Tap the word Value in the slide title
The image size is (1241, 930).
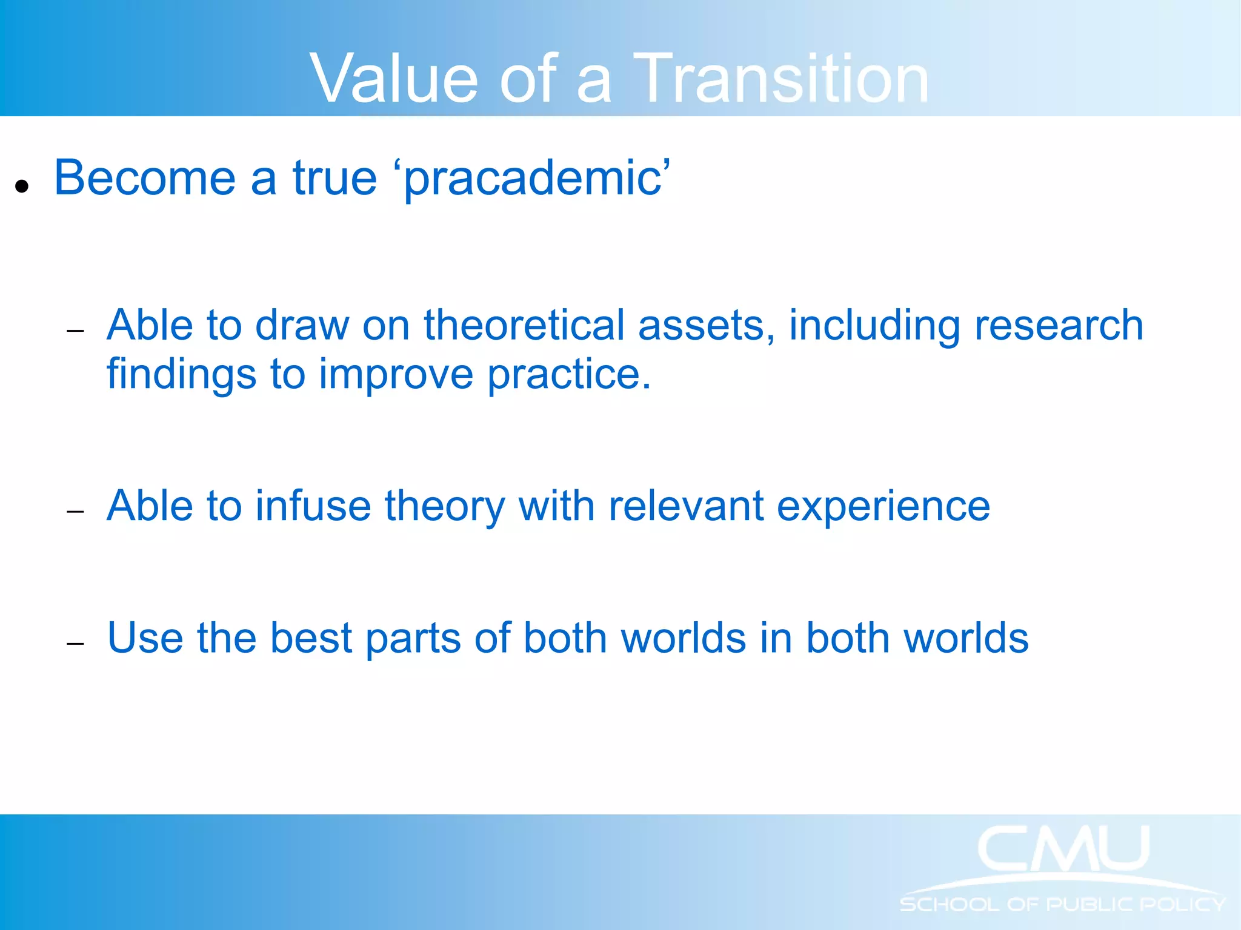tap(394, 79)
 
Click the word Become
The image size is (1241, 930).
tap(144, 178)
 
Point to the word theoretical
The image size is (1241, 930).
tap(524, 325)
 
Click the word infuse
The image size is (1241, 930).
tap(313, 506)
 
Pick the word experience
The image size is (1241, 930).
tap(883, 506)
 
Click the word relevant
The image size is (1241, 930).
tap(685, 506)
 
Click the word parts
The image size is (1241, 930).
tap(413, 639)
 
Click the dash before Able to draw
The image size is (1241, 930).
tap(75, 331)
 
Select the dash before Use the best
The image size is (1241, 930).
tap(75, 644)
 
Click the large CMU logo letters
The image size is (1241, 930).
tap(1063, 849)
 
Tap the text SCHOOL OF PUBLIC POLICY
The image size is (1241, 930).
tap(1062, 905)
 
